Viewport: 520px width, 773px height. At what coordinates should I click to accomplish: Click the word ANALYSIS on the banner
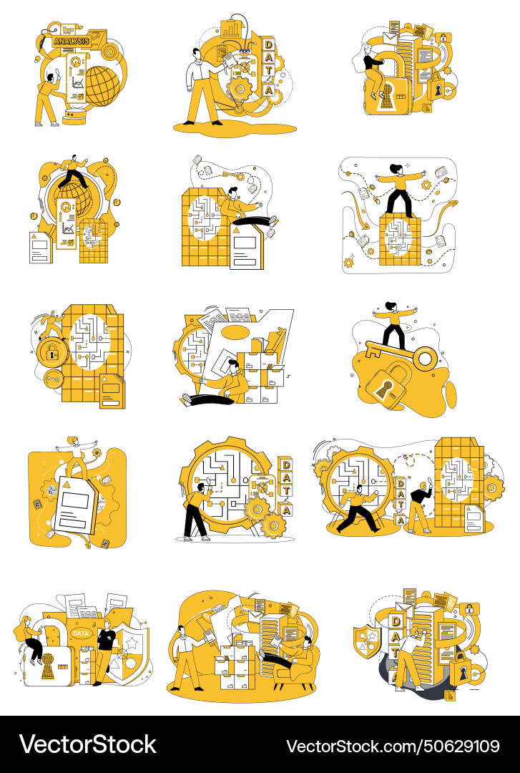(72, 42)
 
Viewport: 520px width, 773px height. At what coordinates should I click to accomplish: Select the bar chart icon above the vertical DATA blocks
(231, 29)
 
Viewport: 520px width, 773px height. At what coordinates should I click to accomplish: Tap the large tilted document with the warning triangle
(77, 505)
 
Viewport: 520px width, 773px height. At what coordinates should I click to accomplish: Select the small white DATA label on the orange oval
(81, 633)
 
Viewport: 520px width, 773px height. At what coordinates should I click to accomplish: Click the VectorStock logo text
(88, 745)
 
